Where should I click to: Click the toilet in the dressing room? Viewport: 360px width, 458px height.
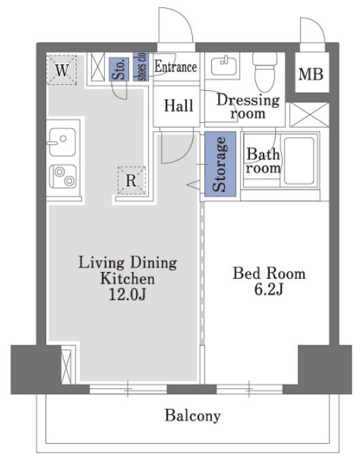[265, 71]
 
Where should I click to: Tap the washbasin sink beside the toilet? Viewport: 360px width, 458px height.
[223, 66]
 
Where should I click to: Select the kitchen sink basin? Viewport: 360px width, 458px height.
[62, 142]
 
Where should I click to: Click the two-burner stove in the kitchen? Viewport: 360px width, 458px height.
[63, 176]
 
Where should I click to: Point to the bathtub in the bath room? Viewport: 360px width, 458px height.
[299, 160]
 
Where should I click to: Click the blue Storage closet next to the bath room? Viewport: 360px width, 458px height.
[220, 164]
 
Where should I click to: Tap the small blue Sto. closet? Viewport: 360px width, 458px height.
[119, 69]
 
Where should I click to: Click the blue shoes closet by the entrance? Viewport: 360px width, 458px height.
[141, 66]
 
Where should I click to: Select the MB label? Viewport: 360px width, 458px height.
[311, 74]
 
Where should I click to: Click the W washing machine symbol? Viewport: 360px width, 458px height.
[62, 70]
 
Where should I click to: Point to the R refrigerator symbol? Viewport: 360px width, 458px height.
[131, 180]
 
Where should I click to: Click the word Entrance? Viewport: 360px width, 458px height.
[175, 66]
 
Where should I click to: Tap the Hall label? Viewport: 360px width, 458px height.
[179, 105]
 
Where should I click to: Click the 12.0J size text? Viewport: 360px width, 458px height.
[127, 294]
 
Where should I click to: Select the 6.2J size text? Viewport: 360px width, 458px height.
[269, 289]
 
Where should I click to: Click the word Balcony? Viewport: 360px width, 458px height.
[192, 415]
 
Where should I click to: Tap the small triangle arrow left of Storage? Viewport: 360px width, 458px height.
[194, 185]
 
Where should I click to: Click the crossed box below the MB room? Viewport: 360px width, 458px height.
[310, 115]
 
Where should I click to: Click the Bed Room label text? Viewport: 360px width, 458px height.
[269, 273]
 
